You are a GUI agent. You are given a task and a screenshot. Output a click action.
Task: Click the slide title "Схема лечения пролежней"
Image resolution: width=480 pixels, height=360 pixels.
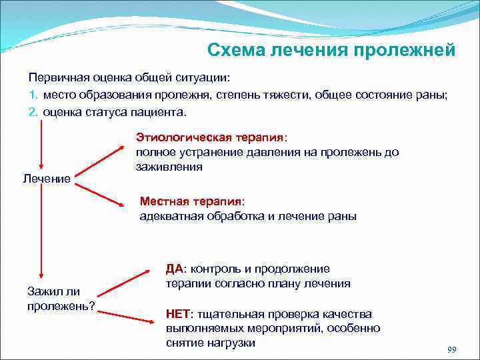pos(331,51)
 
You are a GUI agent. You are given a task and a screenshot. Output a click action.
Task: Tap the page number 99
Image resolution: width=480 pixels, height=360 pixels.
pos(451,350)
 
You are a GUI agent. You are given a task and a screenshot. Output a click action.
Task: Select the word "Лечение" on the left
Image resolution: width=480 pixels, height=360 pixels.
pos(47,179)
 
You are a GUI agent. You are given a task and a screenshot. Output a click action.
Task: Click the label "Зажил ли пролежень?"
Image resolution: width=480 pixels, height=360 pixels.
pos(60,298)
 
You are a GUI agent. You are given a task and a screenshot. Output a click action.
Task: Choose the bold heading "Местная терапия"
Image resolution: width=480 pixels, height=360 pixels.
pos(192,201)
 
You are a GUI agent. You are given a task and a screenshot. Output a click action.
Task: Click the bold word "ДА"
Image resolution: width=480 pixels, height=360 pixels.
pos(175,269)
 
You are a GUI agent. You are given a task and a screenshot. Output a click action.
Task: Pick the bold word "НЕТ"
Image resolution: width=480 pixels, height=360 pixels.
pos(178,314)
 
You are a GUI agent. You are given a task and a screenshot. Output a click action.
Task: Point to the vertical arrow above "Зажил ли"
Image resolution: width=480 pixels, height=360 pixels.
pos(42,233)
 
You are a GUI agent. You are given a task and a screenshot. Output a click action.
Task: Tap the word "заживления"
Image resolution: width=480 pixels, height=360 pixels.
pos(169,167)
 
